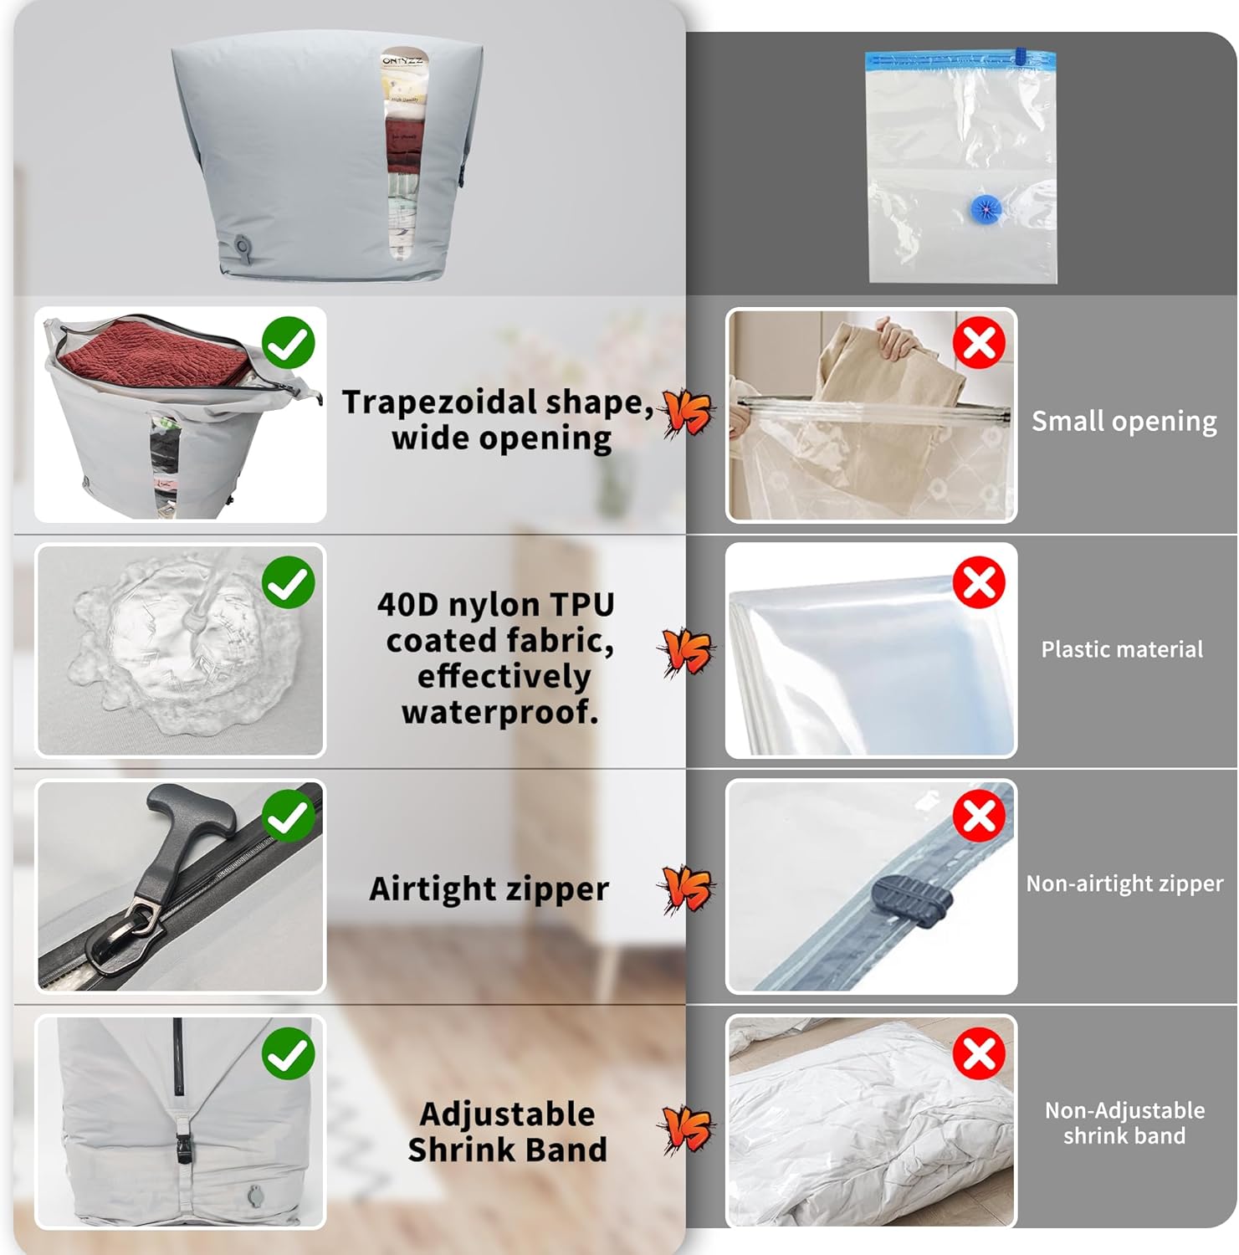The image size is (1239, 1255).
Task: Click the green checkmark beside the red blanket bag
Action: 289,343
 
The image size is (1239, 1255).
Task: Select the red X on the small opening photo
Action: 979,342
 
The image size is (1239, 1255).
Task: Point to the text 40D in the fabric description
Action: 407,604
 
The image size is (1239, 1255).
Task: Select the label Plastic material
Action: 1122,649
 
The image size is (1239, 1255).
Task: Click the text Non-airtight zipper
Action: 1124,884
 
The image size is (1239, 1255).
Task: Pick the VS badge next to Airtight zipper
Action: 688,889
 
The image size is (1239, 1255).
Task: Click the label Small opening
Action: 1124,421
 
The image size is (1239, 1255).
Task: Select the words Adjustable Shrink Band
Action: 507,1132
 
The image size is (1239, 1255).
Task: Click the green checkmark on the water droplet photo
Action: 289,582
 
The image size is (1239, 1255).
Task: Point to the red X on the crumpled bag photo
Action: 979,1053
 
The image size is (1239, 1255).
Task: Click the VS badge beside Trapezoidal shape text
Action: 688,412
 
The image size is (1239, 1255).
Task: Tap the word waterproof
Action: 499,713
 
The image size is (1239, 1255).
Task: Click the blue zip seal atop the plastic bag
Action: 960,59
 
